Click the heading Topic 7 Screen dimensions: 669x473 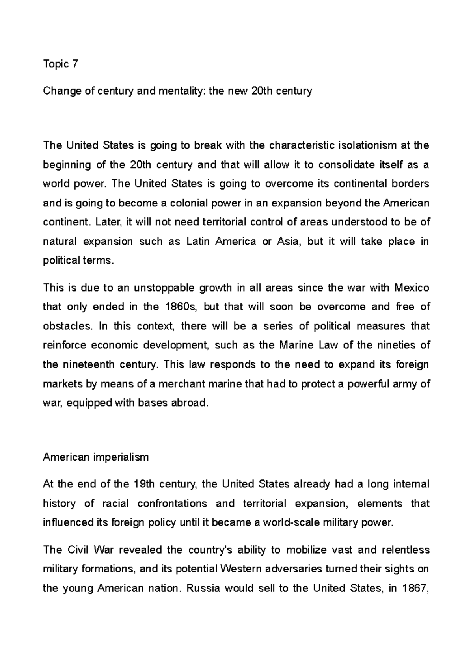click(60, 64)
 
